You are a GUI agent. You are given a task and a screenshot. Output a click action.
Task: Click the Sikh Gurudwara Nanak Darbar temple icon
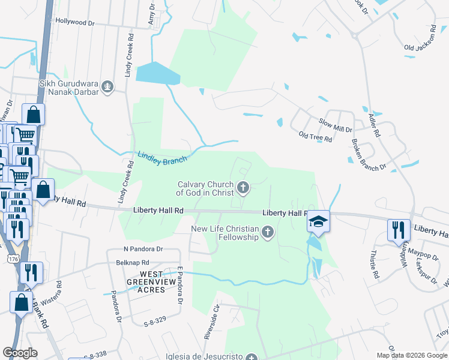pyautogui.click(x=108, y=88)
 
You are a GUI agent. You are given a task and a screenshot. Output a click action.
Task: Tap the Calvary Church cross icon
pyautogui.click(x=244, y=188)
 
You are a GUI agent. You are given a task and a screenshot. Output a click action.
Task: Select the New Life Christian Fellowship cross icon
pyautogui.click(x=268, y=232)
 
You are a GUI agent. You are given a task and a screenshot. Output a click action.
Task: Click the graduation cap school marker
pyautogui.click(x=319, y=223)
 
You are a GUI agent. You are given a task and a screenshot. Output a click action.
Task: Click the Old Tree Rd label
pyautogui.click(x=316, y=137)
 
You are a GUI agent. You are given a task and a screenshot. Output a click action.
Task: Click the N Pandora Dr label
pyautogui.click(x=143, y=248)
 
